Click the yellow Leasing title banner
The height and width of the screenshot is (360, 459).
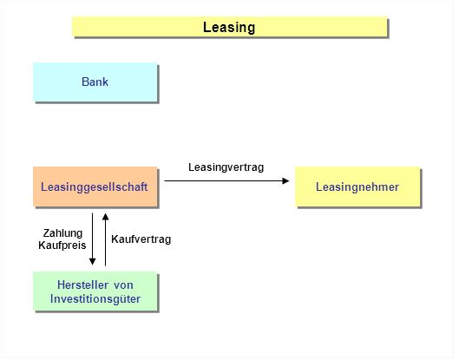click(x=230, y=27)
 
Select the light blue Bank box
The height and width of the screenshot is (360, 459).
click(x=95, y=82)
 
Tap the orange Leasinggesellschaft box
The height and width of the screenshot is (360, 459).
click(x=95, y=187)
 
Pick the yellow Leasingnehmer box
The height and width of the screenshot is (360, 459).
click(x=357, y=187)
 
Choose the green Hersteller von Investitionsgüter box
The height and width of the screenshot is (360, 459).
click(x=95, y=291)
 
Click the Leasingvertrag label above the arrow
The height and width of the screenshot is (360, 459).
click(x=226, y=167)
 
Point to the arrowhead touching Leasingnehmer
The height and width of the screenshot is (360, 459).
click(x=285, y=181)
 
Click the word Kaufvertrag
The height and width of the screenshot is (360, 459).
click(x=141, y=239)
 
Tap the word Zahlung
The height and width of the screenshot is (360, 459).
click(x=62, y=233)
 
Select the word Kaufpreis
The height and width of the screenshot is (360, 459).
click(x=62, y=245)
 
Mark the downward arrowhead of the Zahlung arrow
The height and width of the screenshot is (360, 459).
click(x=93, y=261)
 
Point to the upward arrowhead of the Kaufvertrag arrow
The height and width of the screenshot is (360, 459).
click(x=105, y=217)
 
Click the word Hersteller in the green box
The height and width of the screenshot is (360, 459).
click(x=82, y=285)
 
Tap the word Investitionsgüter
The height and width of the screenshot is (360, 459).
click(x=95, y=299)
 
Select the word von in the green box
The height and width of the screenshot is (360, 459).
click(x=123, y=285)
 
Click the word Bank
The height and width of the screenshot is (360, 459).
click(x=95, y=82)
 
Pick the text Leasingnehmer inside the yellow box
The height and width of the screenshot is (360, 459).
click(x=357, y=187)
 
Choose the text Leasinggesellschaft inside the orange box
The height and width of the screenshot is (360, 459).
click(x=94, y=187)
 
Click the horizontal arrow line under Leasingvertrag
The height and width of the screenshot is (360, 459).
click(x=226, y=181)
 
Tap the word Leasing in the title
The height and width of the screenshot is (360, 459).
click(x=229, y=28)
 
